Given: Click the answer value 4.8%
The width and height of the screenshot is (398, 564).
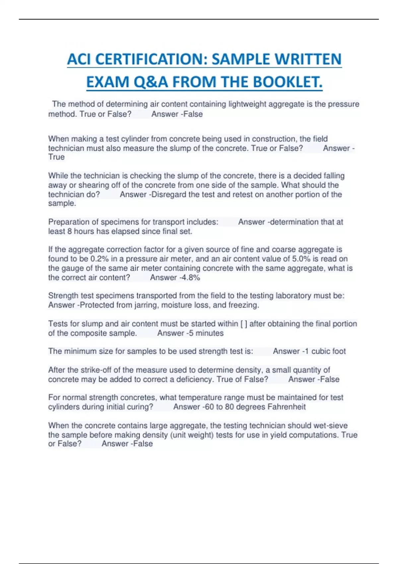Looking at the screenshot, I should tap(190, 278).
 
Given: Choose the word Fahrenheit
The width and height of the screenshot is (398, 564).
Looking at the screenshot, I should tap(287, 407).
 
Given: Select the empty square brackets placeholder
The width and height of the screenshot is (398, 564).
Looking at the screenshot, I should tap(244, 324).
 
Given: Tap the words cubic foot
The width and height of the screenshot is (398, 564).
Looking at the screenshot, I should tap(328, 351).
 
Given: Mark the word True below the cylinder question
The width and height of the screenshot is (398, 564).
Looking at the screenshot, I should tap(56, 157).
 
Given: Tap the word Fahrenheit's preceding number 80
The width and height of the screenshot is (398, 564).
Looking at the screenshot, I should tap(229, 407).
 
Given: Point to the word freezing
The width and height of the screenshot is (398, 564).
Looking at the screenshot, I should tap(243, 305).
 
